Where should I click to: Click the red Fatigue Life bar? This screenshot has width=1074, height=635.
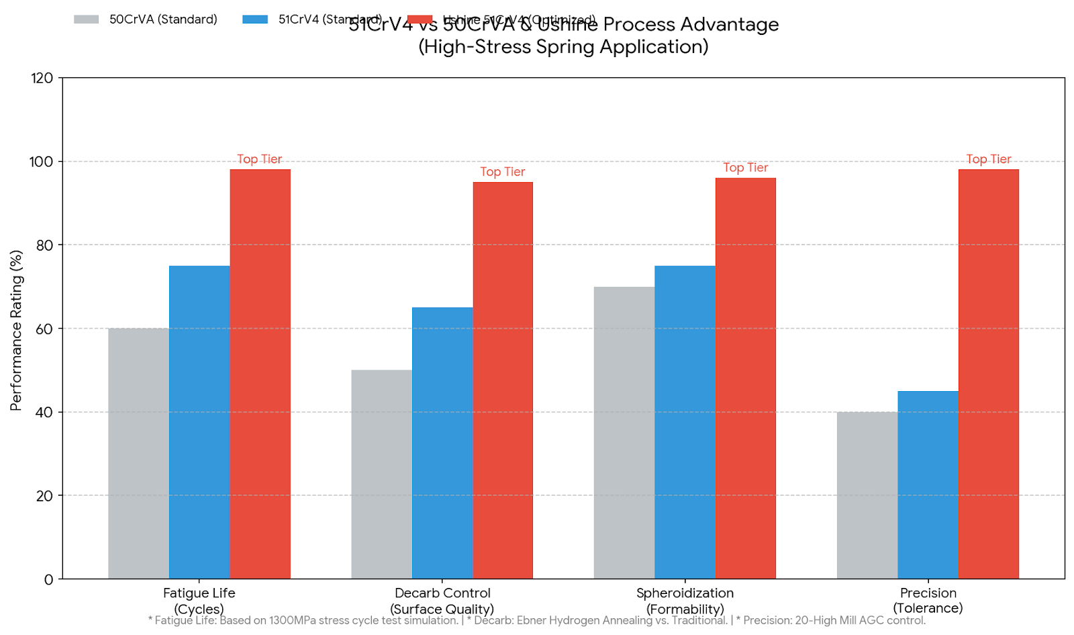(x=260, y=374)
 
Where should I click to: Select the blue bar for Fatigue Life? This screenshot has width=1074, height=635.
(x=199, y=422)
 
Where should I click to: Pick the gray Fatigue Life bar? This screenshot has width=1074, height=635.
(x=138, y=454)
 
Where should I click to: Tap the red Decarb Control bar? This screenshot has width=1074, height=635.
(x=503, y=380)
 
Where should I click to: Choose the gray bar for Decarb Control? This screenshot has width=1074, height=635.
(x=381, y=474)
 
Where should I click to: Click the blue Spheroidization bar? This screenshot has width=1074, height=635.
(x=685, y=422)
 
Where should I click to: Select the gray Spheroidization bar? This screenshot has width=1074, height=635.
(x=624, y=433)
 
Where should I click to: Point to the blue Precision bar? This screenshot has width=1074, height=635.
(x=928, y=484)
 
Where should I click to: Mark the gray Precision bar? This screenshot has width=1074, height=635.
(x=867, y=495)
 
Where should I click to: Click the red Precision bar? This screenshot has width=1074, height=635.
(x=988, y=374)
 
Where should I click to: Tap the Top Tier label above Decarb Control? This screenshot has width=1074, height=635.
(x=503, y=172)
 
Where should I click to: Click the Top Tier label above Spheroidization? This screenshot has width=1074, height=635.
(x=745, y=168)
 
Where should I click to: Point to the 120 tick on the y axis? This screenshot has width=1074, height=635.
(x=42, y=78)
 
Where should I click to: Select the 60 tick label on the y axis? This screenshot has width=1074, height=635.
(x=44, y=329)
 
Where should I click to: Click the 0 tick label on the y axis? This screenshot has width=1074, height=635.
(x=48, y=579)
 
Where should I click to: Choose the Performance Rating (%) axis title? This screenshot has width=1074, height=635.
(x=16, y=330)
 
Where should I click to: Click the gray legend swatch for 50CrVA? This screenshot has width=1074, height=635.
(x=87, y=19)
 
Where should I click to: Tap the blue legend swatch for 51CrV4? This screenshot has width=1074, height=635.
(x=255, y=19)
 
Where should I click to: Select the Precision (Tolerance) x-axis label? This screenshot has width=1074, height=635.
(x=928, y=600)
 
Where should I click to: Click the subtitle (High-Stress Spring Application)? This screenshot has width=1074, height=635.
(x=563, y=47)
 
